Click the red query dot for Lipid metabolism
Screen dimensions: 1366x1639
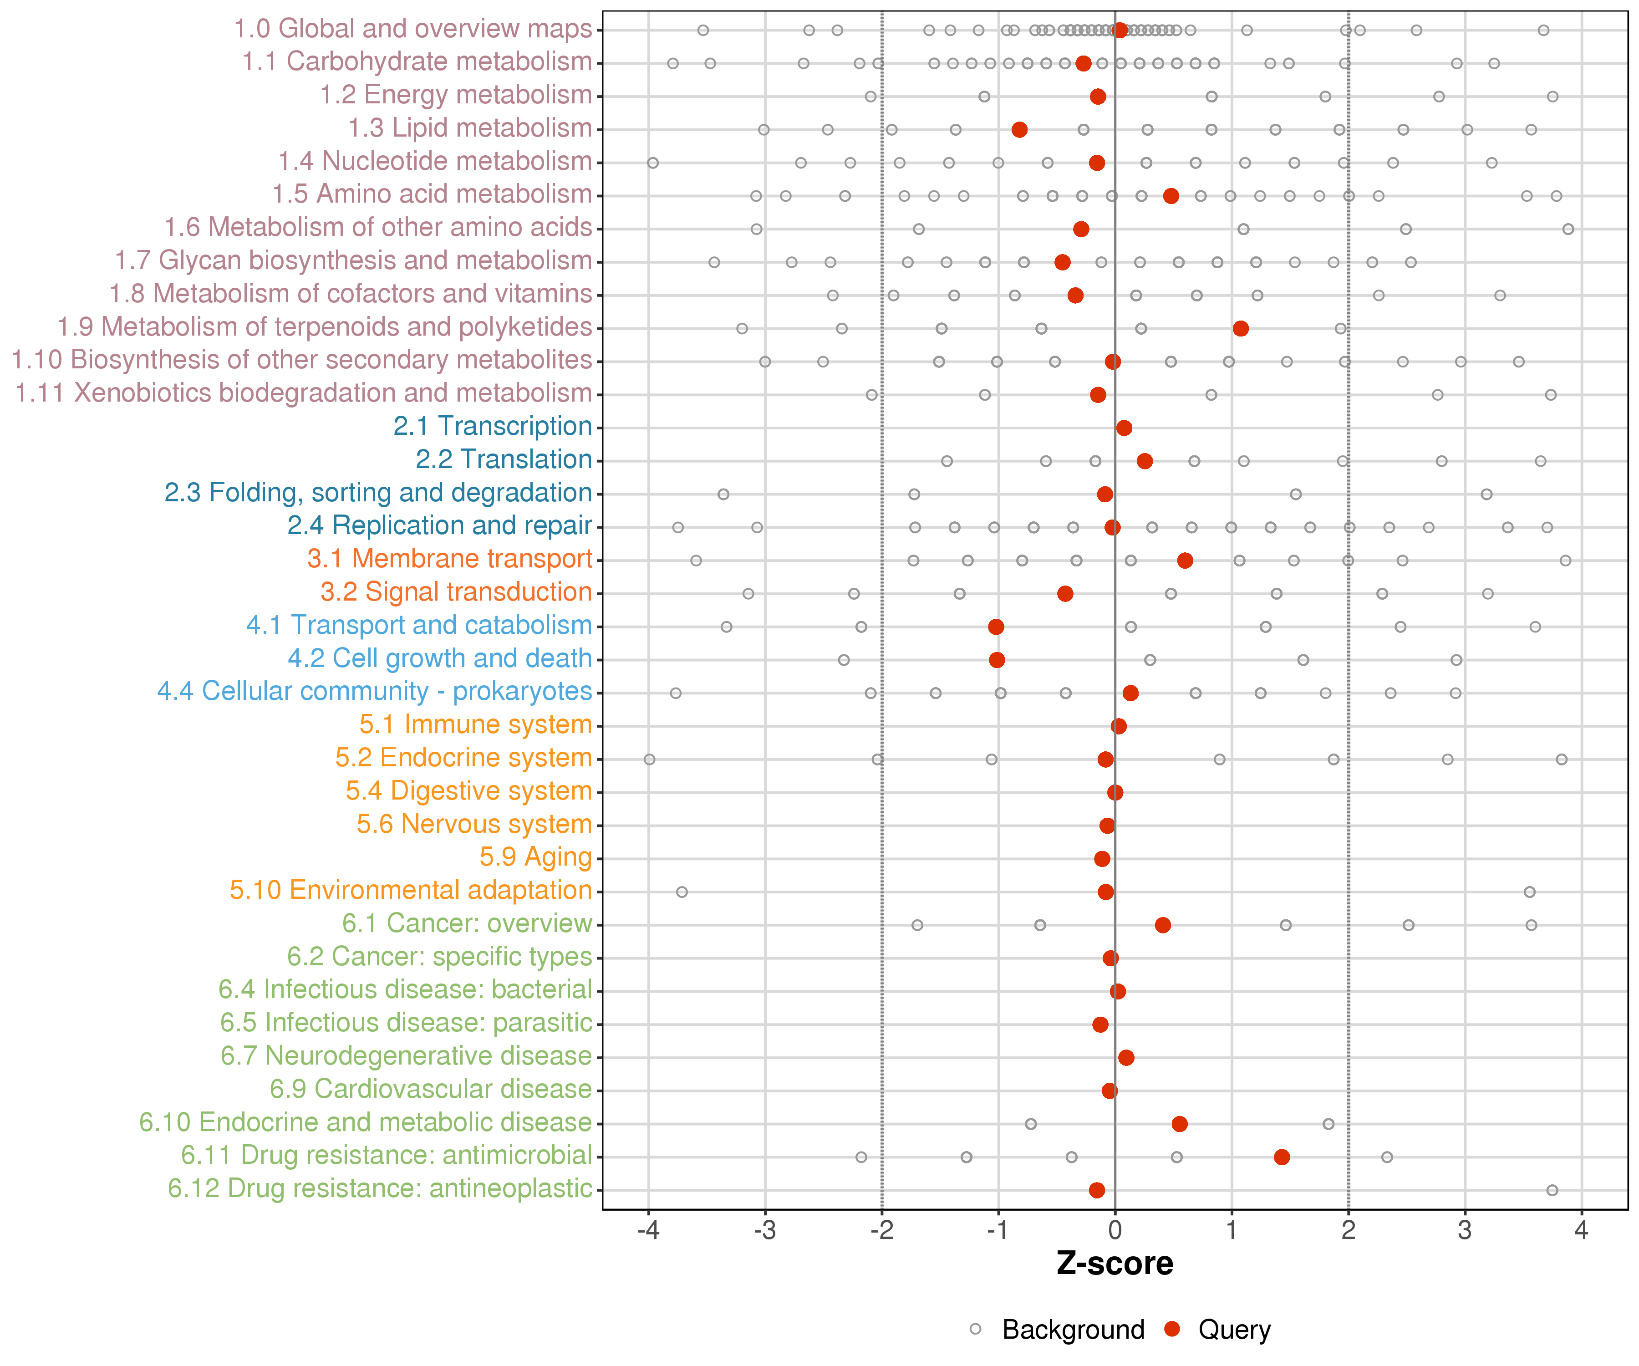pos(1019,130)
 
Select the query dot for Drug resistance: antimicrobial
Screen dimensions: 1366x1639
pos(1282,1157)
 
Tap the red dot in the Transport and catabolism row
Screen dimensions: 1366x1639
pos(996,627)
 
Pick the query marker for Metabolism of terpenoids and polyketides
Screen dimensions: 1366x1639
pos(1240,329)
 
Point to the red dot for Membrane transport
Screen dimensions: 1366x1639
pos(1185,561)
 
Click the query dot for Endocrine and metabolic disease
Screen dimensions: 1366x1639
pos(1179,1124)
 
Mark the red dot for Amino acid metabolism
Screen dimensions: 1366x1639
pos(1171,196)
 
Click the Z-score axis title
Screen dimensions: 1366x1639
pos(1115,1263)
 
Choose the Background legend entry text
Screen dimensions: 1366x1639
pos(1073,1330)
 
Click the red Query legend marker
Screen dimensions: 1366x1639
pos(1171,1329)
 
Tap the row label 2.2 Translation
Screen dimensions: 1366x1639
pos(504,460)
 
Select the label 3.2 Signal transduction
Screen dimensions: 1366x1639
pos(456,592)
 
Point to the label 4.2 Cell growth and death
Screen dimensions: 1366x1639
pos(439,659)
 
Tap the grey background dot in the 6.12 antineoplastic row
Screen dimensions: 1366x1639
pos(1552,1190)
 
